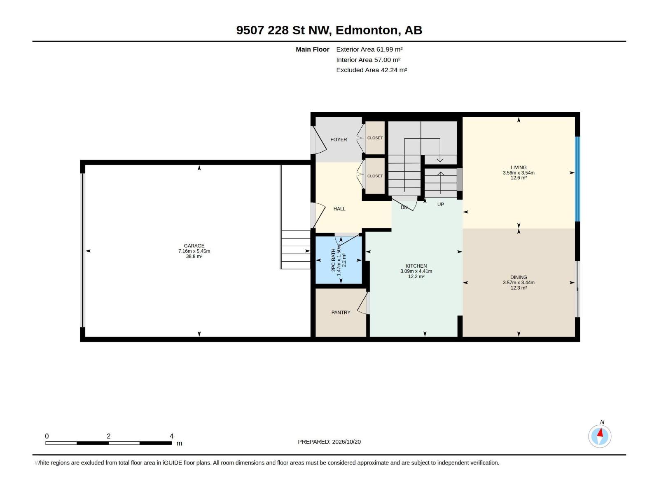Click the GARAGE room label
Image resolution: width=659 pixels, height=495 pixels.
194,245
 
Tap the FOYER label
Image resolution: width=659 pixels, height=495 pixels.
339,139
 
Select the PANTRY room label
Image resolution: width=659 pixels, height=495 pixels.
341,312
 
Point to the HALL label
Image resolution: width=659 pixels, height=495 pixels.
339,209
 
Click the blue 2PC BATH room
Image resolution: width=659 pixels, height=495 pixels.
339,260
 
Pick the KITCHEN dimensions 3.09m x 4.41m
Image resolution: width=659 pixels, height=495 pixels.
416,271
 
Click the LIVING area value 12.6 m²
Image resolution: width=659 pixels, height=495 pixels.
519,178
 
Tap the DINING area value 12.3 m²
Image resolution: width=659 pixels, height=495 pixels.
519,288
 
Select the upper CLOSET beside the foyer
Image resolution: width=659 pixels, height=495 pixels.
375,138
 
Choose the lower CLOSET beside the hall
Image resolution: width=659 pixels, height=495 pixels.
375,176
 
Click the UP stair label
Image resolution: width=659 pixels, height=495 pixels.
440,204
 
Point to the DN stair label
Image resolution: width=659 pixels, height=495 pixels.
404,207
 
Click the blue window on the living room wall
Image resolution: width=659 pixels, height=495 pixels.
577,179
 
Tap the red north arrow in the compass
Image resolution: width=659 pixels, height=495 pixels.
600,433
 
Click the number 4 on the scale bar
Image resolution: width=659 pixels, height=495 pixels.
171,436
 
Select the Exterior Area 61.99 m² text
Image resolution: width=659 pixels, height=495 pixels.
369,49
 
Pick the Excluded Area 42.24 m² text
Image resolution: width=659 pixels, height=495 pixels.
372,70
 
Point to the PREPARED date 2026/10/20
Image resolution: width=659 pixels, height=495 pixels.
346,442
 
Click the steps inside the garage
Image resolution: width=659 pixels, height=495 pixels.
296,250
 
